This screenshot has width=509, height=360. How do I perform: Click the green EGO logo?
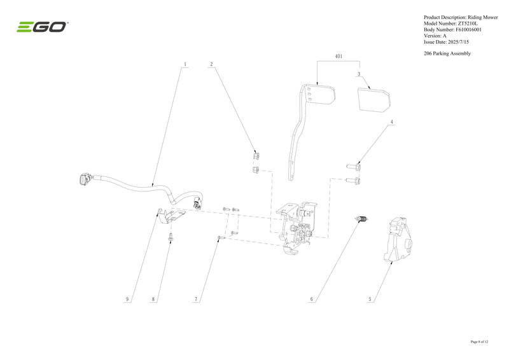pos(42,27)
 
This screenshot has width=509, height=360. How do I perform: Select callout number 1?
pos(185,64)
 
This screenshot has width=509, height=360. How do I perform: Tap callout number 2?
pos(211,64)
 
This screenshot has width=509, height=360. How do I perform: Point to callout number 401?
pos(338,57)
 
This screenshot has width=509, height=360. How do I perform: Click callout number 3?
pos(359,74)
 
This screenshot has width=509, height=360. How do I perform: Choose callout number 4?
pos(392,122)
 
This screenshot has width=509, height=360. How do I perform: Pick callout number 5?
pos(370,300)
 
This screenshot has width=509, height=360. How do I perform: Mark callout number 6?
pos(312,300)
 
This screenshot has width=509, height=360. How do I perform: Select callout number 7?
pos(196,300)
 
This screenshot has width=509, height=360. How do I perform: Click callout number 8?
pos(153,300)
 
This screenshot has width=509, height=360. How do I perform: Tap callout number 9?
pos(127,300)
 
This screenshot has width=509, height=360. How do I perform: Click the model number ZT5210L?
pos(468,24)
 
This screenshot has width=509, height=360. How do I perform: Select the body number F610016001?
pos(469,30)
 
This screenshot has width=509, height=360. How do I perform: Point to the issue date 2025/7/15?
pos(458,42)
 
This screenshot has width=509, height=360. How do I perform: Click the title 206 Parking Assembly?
pos(447,53)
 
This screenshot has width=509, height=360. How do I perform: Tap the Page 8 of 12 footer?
pos(480,342)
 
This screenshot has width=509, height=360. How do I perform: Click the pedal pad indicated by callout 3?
pos(373,100)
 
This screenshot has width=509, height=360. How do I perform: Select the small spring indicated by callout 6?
pos(361,219)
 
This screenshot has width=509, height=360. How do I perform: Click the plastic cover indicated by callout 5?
pos(398,240)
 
